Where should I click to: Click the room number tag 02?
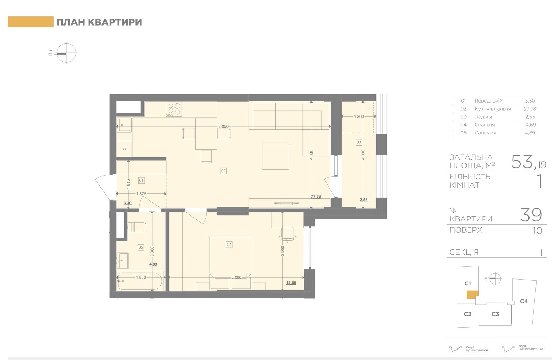(223, 171)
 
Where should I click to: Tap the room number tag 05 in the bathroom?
(141, 247)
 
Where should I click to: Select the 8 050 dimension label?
(224, 126)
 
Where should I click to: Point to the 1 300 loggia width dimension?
(359, 117)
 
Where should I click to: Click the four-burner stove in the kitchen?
(174, 109)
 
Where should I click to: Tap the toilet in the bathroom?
(137, 227)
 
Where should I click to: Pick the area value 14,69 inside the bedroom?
(291, 283)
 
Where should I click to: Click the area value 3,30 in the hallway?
(127, 203)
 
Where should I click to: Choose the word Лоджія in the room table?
(483, 117)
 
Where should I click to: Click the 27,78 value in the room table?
(530, 109)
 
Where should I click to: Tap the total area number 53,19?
(528, 162)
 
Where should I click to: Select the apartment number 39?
(531, 214)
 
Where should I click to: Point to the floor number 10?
(538, 231)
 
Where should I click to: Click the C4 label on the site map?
(524, 301)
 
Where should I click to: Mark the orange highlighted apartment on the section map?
(472, 295)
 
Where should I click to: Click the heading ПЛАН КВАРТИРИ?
(99, 22)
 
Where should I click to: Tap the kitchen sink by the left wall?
(124, 125)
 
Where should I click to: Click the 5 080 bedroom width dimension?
(236, 277)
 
